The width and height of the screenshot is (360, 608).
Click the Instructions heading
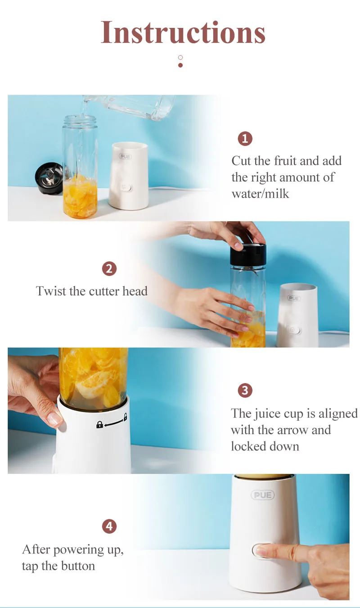click(183, 32)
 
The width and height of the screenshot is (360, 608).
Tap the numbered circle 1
click(245, 139)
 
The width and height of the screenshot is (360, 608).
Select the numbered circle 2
click(109, 269)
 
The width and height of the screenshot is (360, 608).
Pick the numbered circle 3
click(245, 390)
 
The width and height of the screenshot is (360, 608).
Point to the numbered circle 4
click(109, 526)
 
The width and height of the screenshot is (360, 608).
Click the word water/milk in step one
click(260, 194)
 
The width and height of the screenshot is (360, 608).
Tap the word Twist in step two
click(51, 291)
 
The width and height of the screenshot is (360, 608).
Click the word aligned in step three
click(338, 414)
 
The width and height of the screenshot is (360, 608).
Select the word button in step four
click(78, 566)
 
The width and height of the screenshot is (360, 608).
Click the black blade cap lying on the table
click(49, 178)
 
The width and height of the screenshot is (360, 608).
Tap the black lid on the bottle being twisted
click(248, 255)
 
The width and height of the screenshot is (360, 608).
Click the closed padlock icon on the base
click(99, 425)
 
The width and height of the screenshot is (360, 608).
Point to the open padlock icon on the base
click(125, 417)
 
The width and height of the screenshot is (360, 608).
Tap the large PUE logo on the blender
click(262, 495)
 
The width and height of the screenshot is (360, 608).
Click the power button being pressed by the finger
click(262, 551)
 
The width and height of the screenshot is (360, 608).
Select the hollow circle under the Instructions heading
click(180, 58)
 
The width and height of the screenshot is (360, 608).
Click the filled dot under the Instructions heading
click(180, 65)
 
